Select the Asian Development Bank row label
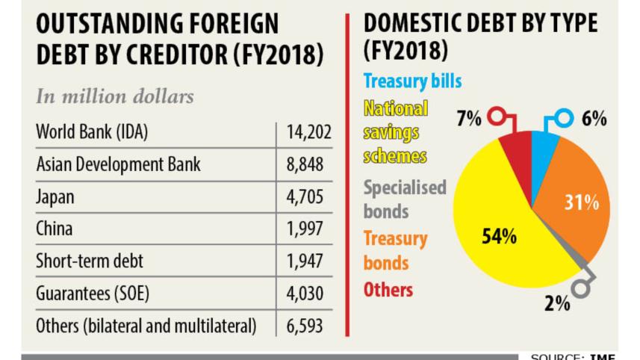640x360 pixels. click(x=118, y=165)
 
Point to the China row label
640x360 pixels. click(x=55, y=229)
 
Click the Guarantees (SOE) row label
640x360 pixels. click(x=93, y=294)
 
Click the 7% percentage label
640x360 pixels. click(x=469, y=118)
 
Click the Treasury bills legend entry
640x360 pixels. click(x=412, y=80)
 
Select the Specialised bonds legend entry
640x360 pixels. click(x=404, y=199)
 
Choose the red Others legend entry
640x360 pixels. click(x=388, y=290)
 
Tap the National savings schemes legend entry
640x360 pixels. click(x=396, y=132)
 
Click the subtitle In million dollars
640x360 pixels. click(x=114, y=97)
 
